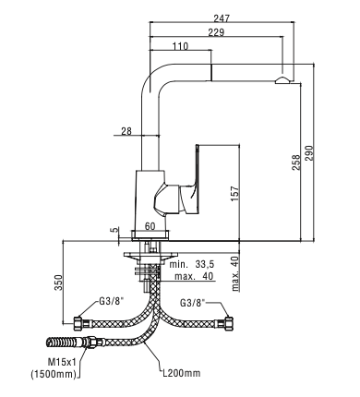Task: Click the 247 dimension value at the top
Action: [222, 18]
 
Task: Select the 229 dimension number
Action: [216, 32]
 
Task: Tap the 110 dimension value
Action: [180, 46]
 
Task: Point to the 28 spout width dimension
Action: [126, 131]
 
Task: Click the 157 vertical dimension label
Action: [235, 194]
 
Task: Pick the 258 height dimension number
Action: [296, 162]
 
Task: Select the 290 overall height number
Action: [308, 152]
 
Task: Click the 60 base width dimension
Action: [150, 226]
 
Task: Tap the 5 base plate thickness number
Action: [114, 230]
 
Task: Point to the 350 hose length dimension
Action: [58, 283]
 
